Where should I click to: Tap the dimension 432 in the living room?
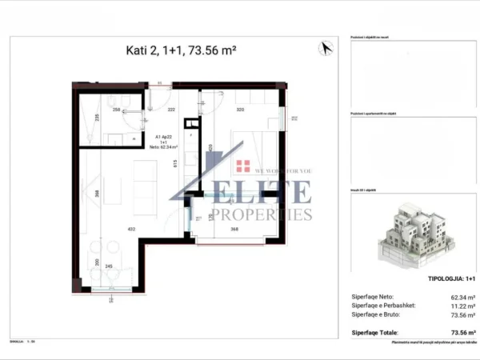[130, 230]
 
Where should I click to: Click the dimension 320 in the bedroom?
[239, 111]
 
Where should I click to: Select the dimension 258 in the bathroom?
[116, 111]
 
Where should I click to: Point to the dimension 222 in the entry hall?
[171, 111]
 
